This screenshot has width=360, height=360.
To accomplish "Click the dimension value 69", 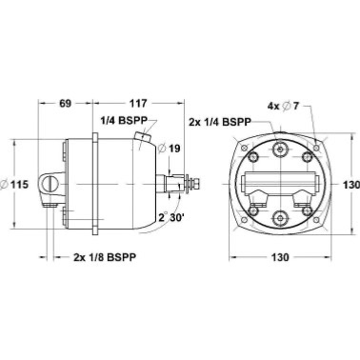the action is pos(65,103).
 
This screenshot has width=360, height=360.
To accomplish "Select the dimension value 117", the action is pos(138,103).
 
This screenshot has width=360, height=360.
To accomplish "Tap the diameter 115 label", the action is pos(14,184).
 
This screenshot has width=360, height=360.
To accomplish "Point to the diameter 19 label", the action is pos(169,149).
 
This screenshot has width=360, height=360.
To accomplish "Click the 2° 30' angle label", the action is pos(171,218).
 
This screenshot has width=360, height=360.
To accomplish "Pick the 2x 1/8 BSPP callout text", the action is pos(105,257).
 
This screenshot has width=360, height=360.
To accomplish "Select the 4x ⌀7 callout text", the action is pos(284,106).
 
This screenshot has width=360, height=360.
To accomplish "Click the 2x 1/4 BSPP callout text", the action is pos(220,122).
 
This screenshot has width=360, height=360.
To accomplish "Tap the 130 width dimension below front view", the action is pos(280,257).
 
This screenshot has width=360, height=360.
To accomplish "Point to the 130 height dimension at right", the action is pos(352,184).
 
